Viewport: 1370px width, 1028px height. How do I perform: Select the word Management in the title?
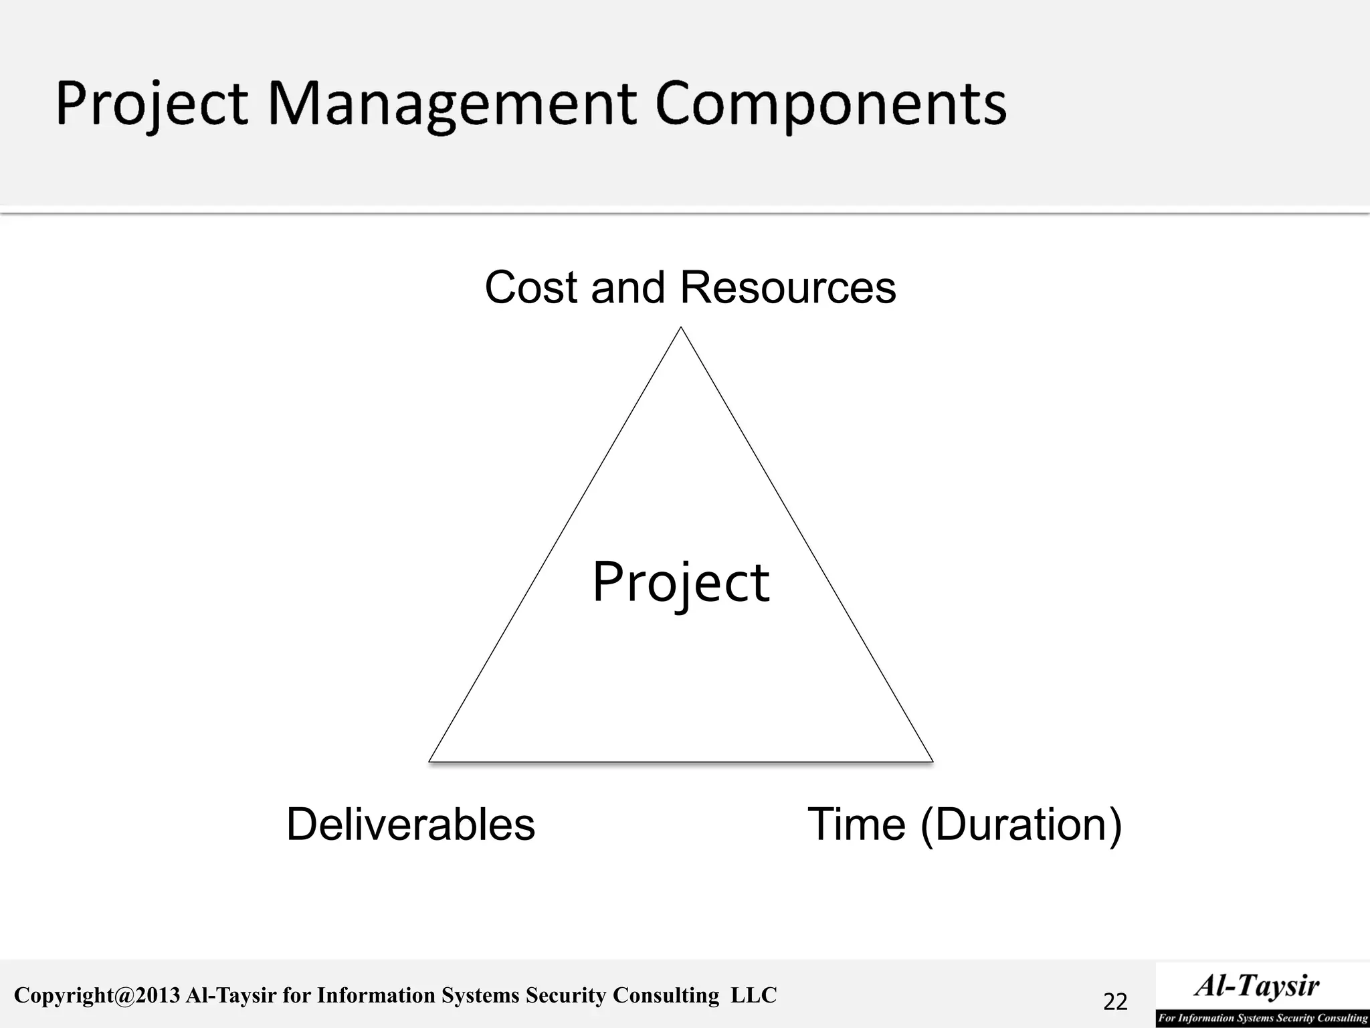[x=452, y=104]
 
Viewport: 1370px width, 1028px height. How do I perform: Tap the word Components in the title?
[x=831, y=104]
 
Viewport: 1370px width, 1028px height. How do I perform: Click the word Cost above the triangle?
[x=528, y=288]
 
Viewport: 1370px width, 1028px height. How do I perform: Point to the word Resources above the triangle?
[x=787, y=288]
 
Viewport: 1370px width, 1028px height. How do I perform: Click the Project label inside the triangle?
[x=681, y=582]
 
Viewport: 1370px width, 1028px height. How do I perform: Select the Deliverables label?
[x=411, y=825]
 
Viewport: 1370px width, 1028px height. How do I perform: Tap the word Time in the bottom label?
[x=856, y=825]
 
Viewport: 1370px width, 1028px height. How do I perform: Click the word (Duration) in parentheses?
[x=1021, y=825]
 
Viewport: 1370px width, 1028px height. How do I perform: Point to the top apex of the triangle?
[x=681, y=328]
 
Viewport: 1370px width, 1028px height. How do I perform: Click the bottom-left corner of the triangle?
[x=430, y=760]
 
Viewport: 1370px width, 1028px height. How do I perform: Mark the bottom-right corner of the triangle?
[x=932, y=760]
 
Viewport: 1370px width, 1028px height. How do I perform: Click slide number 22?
[x=1115, y=1002]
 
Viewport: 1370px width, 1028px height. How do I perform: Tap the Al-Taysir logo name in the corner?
[x=1257, y=986]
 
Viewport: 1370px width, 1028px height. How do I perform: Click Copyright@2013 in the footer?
[x=97, y=996]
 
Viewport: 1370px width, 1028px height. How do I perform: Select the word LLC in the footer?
[x=754, y=996]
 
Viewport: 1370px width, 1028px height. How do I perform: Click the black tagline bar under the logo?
[x=1262, y=1018]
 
